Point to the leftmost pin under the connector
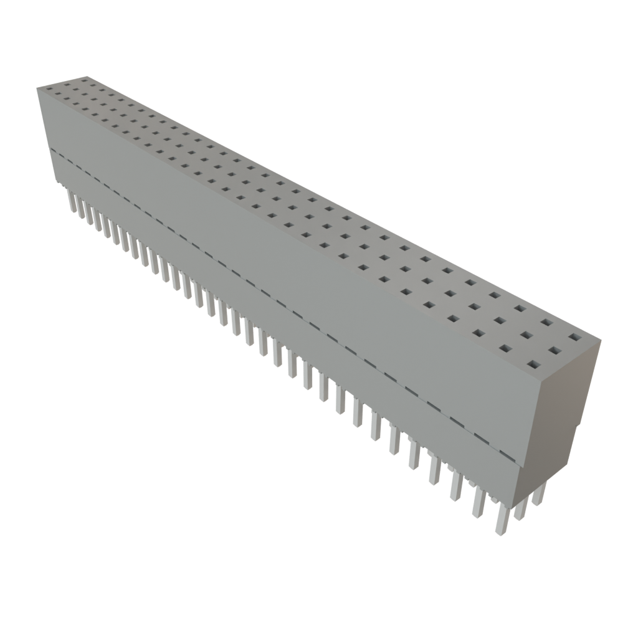click(70, 201)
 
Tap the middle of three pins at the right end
click(521, 508)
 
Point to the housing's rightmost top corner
click(601, 340)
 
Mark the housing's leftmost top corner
click(37, 88)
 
